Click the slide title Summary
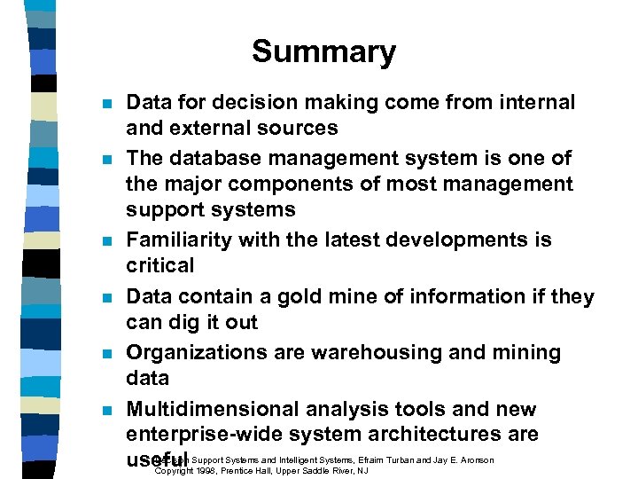[x=323, y=51]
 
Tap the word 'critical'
[x=159, y=266]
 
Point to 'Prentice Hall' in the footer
[x=263, y=470]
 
